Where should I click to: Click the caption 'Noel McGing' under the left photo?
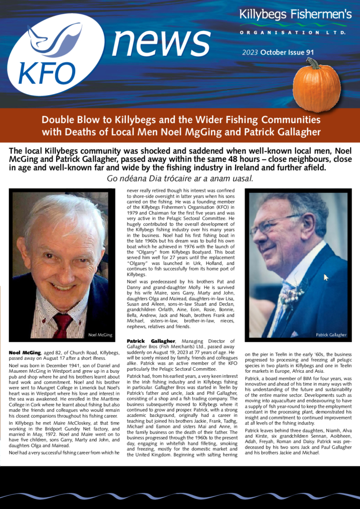pos(100,335)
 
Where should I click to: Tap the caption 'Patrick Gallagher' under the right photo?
pos(331,335)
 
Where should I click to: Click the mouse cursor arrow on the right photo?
pos(326,278)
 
